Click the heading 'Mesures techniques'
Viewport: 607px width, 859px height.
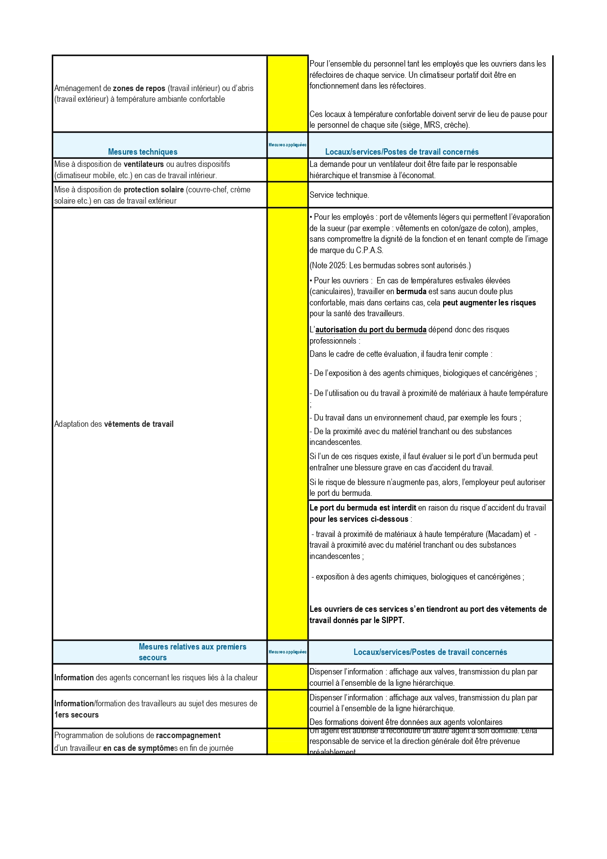point(142,152)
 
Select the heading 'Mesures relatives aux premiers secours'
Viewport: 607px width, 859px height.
point(192,651)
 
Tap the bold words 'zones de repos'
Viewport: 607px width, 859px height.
point(139,88)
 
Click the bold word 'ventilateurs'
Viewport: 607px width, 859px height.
point(143,164)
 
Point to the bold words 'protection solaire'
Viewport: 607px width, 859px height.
point(154,190)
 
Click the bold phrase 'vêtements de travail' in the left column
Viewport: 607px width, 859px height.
point(138,424)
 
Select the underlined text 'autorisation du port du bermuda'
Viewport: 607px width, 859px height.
point(371,329)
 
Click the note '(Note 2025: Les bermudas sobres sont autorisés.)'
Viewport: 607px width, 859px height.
point(390,265)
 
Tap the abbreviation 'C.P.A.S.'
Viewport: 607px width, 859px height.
point(369,250)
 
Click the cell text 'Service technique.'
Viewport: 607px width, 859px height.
point(339,195)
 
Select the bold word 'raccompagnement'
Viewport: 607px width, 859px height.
point(188,735)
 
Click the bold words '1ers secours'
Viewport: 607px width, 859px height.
point(76,715)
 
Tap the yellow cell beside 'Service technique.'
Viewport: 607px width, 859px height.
point(287,195)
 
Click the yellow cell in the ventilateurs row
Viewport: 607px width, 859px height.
point(287,170)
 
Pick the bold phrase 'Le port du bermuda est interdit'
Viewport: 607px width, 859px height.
point(362,508)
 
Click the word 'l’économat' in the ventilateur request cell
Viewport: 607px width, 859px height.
point(416,175)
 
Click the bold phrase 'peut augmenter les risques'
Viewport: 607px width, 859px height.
point(489,302)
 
